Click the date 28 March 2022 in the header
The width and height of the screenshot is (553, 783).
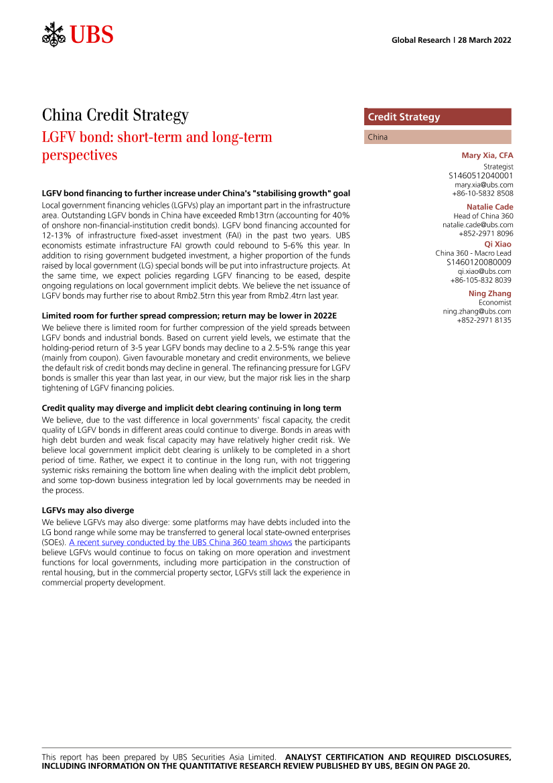pos(485,40)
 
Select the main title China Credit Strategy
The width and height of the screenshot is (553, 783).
pos(115,116)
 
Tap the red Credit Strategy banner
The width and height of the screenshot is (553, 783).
pos(437,117)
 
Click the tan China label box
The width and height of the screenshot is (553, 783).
pos(437,137)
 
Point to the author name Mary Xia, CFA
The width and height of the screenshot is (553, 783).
pos(487,155)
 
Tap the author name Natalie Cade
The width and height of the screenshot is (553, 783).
pos(489,207)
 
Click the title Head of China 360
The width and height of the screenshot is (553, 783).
pos(479,216)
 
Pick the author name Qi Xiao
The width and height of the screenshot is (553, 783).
pos(497,244)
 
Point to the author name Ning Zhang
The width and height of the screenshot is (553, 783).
pos(489,293)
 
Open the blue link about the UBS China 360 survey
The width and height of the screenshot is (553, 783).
pos(181,542)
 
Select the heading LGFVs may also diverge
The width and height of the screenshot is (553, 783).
pos(88,510)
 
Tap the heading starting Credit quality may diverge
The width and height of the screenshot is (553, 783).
pos(191,408)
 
